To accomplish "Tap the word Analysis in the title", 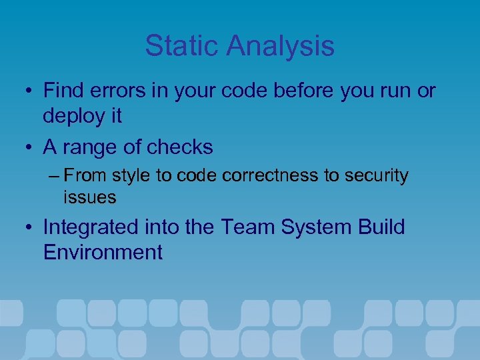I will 280,46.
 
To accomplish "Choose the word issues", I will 90,197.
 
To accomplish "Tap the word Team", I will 247,227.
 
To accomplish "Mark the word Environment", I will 103,252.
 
